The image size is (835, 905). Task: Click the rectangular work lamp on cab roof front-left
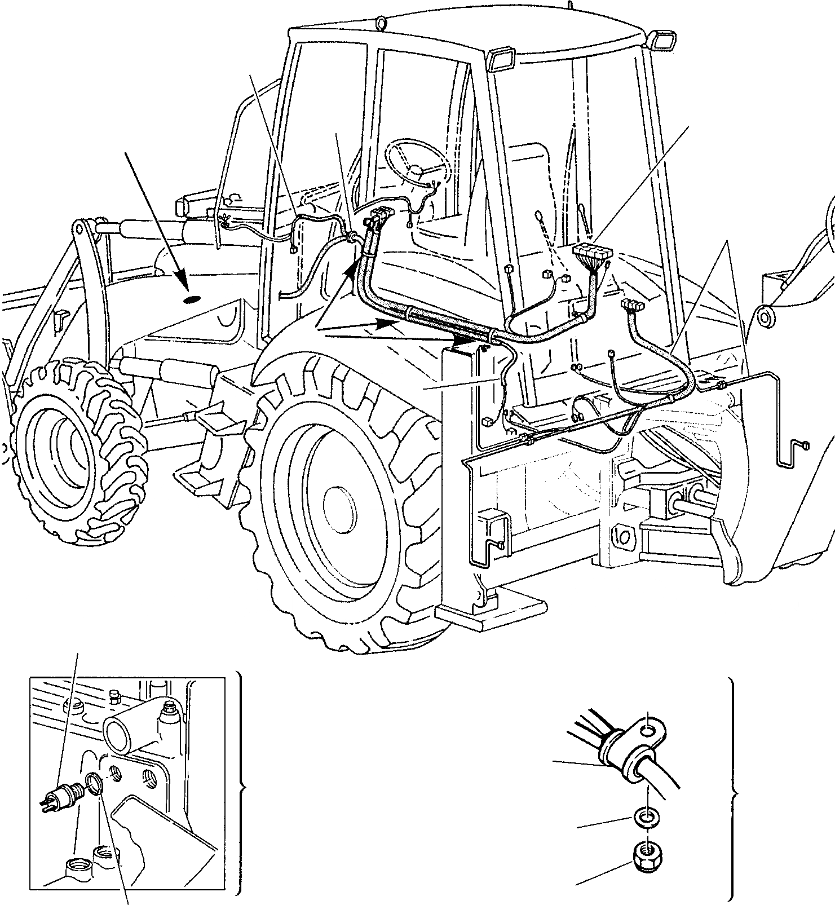point(501,59)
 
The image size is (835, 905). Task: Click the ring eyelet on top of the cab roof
point(381,23)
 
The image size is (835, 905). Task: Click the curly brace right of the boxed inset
point(241,788)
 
